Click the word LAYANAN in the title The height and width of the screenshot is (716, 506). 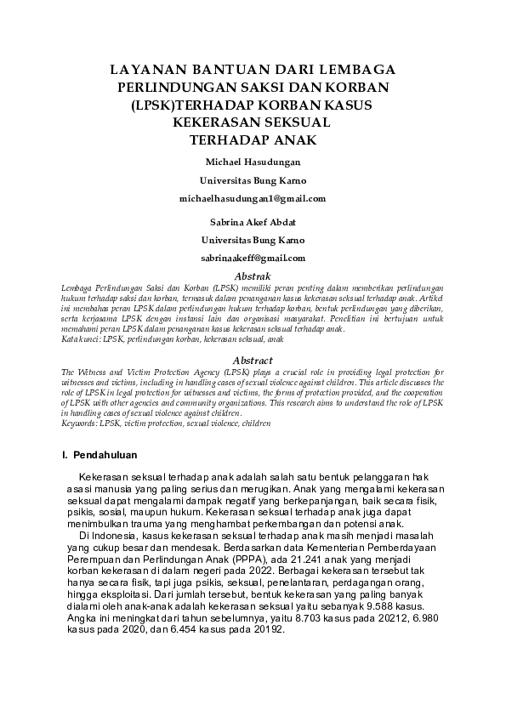145,70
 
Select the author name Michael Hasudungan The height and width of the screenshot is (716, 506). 253,162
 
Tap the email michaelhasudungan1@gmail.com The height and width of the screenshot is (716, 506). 253,198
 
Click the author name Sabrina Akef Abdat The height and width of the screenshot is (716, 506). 253,222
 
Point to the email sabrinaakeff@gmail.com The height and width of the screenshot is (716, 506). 253,258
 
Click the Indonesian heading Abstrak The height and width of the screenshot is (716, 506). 253,276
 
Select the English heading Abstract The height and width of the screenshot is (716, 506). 253,360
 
